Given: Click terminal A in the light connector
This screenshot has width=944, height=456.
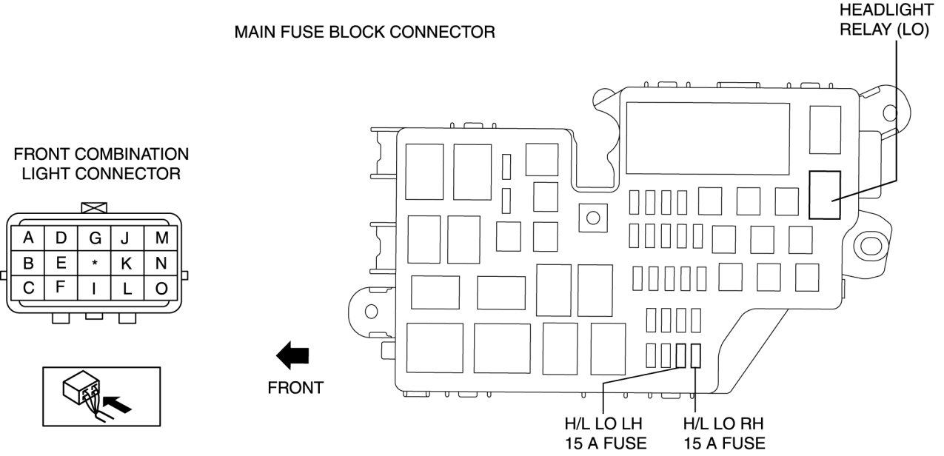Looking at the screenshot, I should coord(28,238).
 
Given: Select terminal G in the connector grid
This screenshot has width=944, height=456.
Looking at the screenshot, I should coord(95,238).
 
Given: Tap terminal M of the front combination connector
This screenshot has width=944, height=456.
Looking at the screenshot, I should coord(161,238).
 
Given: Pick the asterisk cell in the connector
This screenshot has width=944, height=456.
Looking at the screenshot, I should coord(95,264).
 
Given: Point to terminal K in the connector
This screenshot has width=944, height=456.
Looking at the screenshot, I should coord(127,264).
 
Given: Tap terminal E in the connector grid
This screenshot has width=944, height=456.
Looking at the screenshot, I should coord(61,264).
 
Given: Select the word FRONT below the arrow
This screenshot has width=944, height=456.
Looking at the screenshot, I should coord(295,387).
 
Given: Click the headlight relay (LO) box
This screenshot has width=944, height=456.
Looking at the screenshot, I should coord(824,195).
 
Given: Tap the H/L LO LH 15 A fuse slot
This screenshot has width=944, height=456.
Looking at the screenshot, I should coord(682,356).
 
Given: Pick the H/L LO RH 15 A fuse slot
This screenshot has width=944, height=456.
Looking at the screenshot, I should coord(696,356).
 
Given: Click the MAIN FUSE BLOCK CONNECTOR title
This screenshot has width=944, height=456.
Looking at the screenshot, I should coord(364,33).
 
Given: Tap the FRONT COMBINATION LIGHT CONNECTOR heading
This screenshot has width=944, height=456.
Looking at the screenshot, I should coord(101,164).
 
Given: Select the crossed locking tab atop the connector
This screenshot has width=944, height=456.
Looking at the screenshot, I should coord(95,209).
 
